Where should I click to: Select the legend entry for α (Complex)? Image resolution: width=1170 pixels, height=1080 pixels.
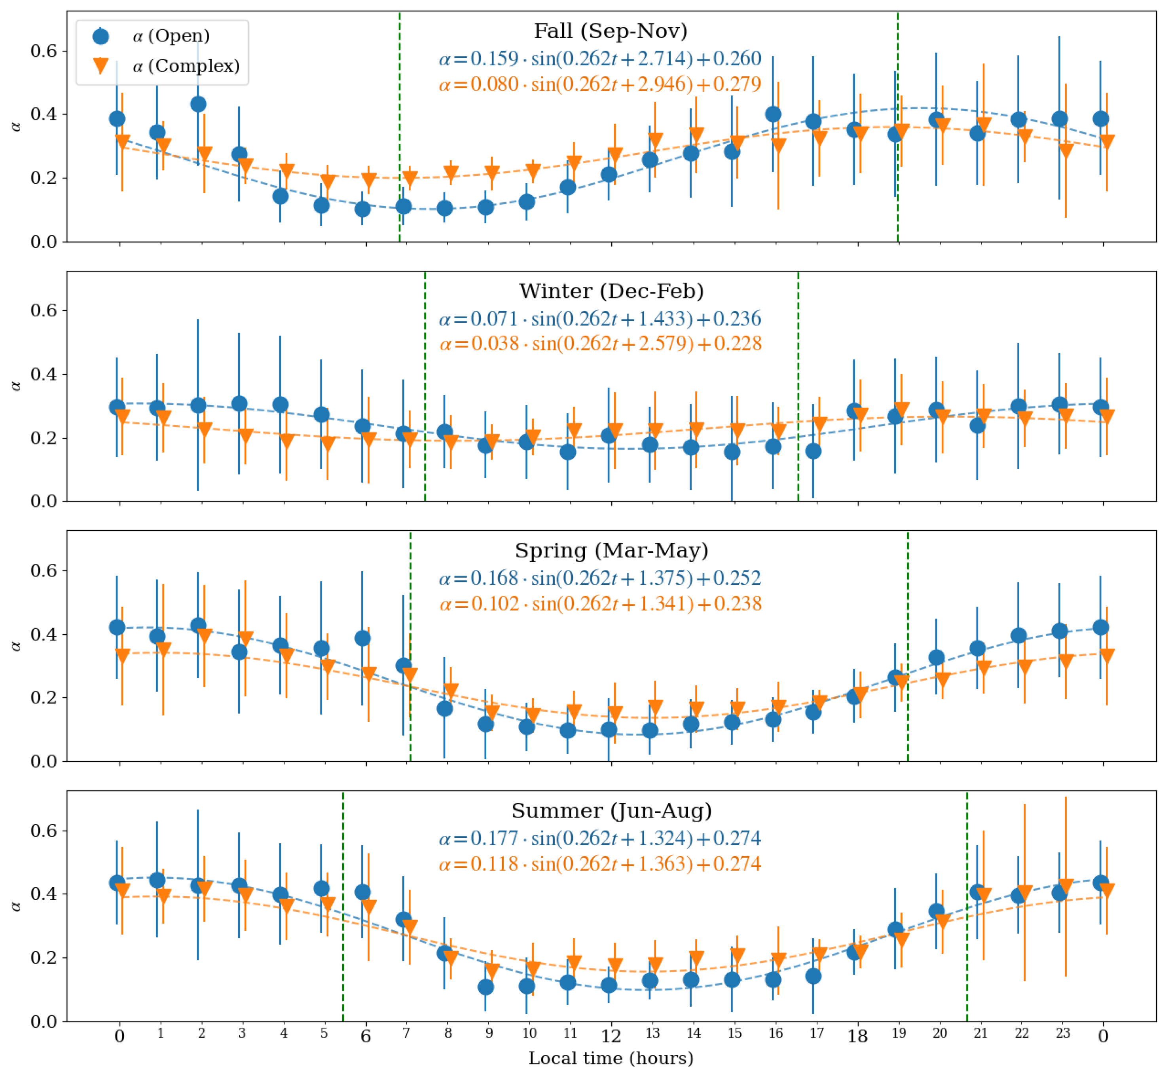(x=185, y=65)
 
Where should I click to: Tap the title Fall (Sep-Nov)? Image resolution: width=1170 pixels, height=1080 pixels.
(x=611, y=31)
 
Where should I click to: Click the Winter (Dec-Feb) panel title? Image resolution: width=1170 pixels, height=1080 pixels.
(x=611, y=291)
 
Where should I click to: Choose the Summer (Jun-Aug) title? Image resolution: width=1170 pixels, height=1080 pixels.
(x=611, y=810)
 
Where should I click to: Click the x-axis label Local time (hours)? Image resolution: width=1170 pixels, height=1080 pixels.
(x=611, y=1058)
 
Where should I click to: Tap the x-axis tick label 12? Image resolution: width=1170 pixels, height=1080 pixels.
(x=611, y=1036)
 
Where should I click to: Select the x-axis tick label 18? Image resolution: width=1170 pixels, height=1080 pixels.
(x=857, y=1036)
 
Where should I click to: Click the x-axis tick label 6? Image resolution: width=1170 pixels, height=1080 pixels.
(x=366, y=1036)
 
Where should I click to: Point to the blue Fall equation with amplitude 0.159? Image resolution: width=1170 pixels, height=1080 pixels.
(x=600, y=59)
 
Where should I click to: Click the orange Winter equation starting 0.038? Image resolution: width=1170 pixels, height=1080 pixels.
(x=600, y=343)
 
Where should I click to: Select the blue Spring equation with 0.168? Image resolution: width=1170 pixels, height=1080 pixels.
(x=600, y=578)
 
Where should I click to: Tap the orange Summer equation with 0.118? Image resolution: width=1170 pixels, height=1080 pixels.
(x=600, y=864)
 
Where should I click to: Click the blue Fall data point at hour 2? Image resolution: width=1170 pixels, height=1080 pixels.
(x=198, y=104)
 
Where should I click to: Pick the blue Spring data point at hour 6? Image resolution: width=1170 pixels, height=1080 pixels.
(x=362, y=638)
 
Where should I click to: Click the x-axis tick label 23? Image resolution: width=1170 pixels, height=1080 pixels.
(x=1062, y=1033)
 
